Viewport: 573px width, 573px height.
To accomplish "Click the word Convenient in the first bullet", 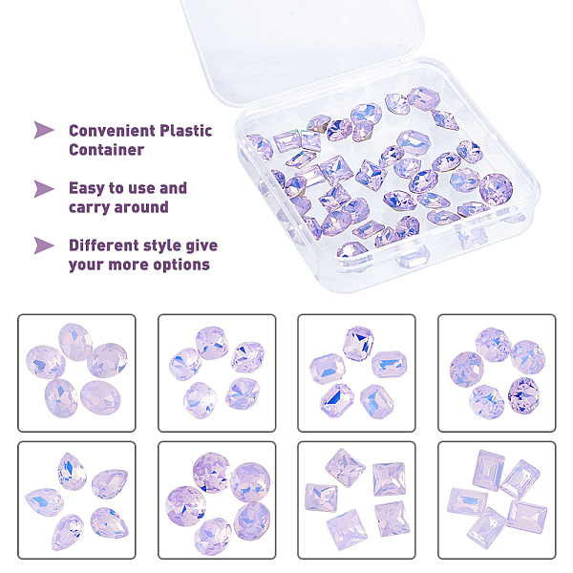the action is click(x=112, y=131).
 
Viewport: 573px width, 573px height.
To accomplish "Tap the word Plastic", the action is click(x=186, y=131).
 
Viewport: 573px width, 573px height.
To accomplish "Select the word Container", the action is click(x=106, y=150).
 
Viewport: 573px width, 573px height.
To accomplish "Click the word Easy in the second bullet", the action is click(x=86, y=188).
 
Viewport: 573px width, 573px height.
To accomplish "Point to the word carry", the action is click(x=90, y=207).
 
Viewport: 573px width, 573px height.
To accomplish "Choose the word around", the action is click(x=141, y=207).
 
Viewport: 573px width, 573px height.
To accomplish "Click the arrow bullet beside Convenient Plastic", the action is click(x=44, y=130).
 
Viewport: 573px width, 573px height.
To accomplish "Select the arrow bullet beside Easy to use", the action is click(x=44, y=188).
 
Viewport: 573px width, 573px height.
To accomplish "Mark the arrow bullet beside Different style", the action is click(x=44, y=245).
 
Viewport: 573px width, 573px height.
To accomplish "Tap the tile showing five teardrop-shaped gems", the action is click(x=76, y=499).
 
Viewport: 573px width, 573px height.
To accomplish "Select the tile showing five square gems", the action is click(x=356, y=499).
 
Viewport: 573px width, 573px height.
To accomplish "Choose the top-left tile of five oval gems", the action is click(x=76, y=372).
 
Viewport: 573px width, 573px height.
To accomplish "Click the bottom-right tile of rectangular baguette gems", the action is click(x=497, y=499).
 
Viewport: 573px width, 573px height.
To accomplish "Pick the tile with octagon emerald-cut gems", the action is click(x=356, y=372).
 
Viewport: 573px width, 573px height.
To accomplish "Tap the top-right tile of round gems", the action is click(x=497, y=372).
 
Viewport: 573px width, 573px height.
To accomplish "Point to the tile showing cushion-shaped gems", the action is click(x=217, y=372).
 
